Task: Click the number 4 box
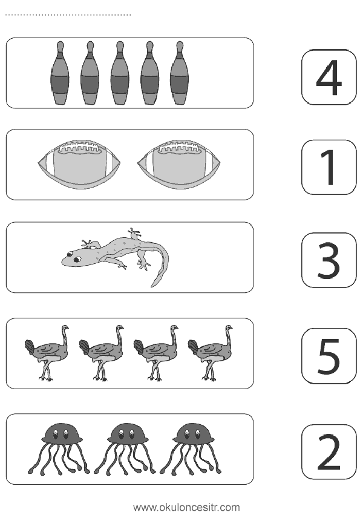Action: pos(329,77)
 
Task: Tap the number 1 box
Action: pos(329,167)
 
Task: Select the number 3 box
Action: pos(329,260)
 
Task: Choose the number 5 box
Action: pos(329,356)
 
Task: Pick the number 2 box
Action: pos(329,452)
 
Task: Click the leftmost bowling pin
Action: pos(60,73)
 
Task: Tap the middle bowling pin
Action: pos(120,73)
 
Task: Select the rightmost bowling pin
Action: pos(180,73)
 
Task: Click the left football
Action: pos(79,164)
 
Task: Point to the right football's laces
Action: pos(178,148)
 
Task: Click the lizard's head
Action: pos(73,258)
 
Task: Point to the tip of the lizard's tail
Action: pos(152,286)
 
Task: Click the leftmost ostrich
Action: pos(47,353)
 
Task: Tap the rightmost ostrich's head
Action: pos(229,327)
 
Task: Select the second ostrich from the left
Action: pos(102,353)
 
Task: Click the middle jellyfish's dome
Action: pos(126,434)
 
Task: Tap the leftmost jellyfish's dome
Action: pos(61,434)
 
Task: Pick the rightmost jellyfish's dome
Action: pos(193,434)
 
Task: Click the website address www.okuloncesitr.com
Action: pos(186,507)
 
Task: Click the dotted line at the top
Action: pos(68,15)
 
